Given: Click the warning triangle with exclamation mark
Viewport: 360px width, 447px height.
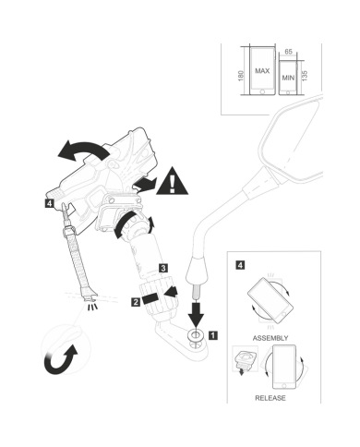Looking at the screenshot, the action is tap(172, 183).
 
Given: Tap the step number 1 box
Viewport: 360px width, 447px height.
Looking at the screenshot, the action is tap(213, 335).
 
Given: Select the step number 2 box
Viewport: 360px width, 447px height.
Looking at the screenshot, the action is tap(136, 302).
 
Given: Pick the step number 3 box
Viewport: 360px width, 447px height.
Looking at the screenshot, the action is tap(163, 268).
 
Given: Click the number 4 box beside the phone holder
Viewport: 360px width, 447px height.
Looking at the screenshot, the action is tap(49, 203).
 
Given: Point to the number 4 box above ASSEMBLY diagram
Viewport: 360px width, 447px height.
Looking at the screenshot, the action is tap(240, 265).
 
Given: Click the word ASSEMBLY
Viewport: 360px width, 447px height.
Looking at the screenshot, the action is tap(270, 338).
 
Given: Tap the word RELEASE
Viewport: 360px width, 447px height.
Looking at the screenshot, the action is tap(270, 398).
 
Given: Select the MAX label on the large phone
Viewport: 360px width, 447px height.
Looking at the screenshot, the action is tap(262, 71).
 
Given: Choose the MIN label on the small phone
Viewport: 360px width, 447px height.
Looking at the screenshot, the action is tap(288, 78).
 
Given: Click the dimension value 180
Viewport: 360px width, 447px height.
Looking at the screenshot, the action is tap(241, 76).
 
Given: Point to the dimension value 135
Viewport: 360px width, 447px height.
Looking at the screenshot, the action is tap(305, 76).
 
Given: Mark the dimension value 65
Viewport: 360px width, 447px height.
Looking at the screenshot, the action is tap(288, 52).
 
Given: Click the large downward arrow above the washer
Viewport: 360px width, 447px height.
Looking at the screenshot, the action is tap(196, 314).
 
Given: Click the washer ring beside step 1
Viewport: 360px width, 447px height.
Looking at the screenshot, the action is tap(196, 335).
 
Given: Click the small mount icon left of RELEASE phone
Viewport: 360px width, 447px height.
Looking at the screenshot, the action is tap(245, 360).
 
